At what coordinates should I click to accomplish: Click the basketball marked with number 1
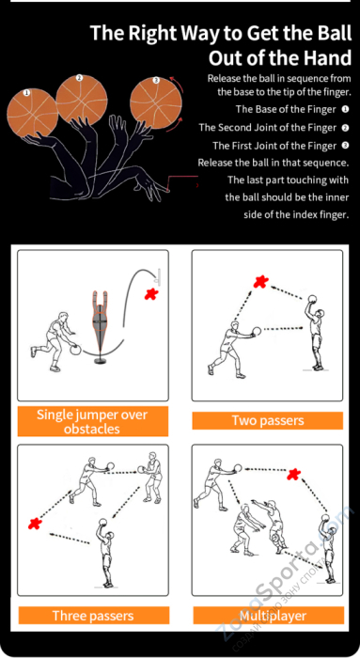(x=32, y=113)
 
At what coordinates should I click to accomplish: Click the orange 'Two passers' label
(x=268, y=420)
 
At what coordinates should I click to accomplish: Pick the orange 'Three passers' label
(x=93, y=615)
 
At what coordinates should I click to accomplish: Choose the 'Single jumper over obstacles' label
(x=93, y=421)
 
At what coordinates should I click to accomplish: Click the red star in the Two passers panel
(x=260, y=282)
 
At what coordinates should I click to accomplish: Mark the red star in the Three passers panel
(x=35, y=523)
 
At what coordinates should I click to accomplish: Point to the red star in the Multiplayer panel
(x=294, y=474)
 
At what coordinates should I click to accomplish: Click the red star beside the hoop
(x=150, y=294)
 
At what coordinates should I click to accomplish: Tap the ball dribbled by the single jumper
(x=75, y=350)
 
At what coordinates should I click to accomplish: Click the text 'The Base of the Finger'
(x=286, y=110)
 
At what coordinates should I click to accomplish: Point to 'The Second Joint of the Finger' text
(x=268, y=128)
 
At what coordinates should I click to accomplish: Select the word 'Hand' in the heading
(x=330, y=58)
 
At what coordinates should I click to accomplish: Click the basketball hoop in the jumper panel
(x=157, y=274)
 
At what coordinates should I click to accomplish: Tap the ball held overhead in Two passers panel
(x=312, y=299)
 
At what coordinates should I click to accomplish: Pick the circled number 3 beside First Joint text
(x=345, y=146)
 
